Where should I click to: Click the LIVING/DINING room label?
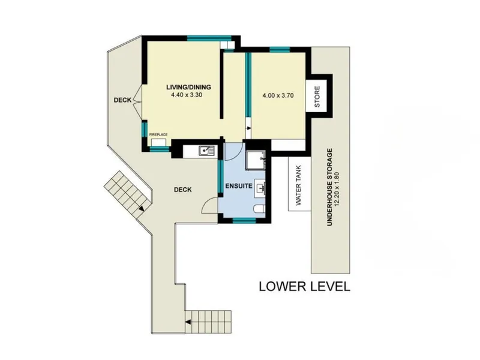pyautogui.click(x=188, y=87)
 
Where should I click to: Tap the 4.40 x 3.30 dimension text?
pyautogui.click(x=187, y=95)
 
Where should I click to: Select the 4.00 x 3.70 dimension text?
pyautogui.click(x=278, y=95)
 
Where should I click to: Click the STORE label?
pyautogui.click(x=317, y=97)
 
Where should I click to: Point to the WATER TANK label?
pyautogui.click(x=299, y=185)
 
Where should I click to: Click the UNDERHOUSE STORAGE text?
pyautogui.click(x=329, y=187)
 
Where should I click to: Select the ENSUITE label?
pyautogui.click(x=239, y=186)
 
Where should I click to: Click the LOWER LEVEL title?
pyautogui.click(x=305, y=287)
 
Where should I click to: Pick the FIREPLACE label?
pyautogui.click(x=158, y=134)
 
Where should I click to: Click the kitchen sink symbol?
pyautogui.click(x=207, y=151)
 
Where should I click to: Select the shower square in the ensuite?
pyautogui.click(x=256, y=160)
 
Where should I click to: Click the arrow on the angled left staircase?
pyautogui.click(x=141, y=209)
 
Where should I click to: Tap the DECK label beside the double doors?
pyautogui.click(x=122, y=100)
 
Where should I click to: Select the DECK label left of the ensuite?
pyautogui.click(x=183, y=190)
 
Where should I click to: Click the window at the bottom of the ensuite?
pyautogui.click(x=244, y=220)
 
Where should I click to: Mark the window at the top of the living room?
pyautogui.click(x=209, y=38)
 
